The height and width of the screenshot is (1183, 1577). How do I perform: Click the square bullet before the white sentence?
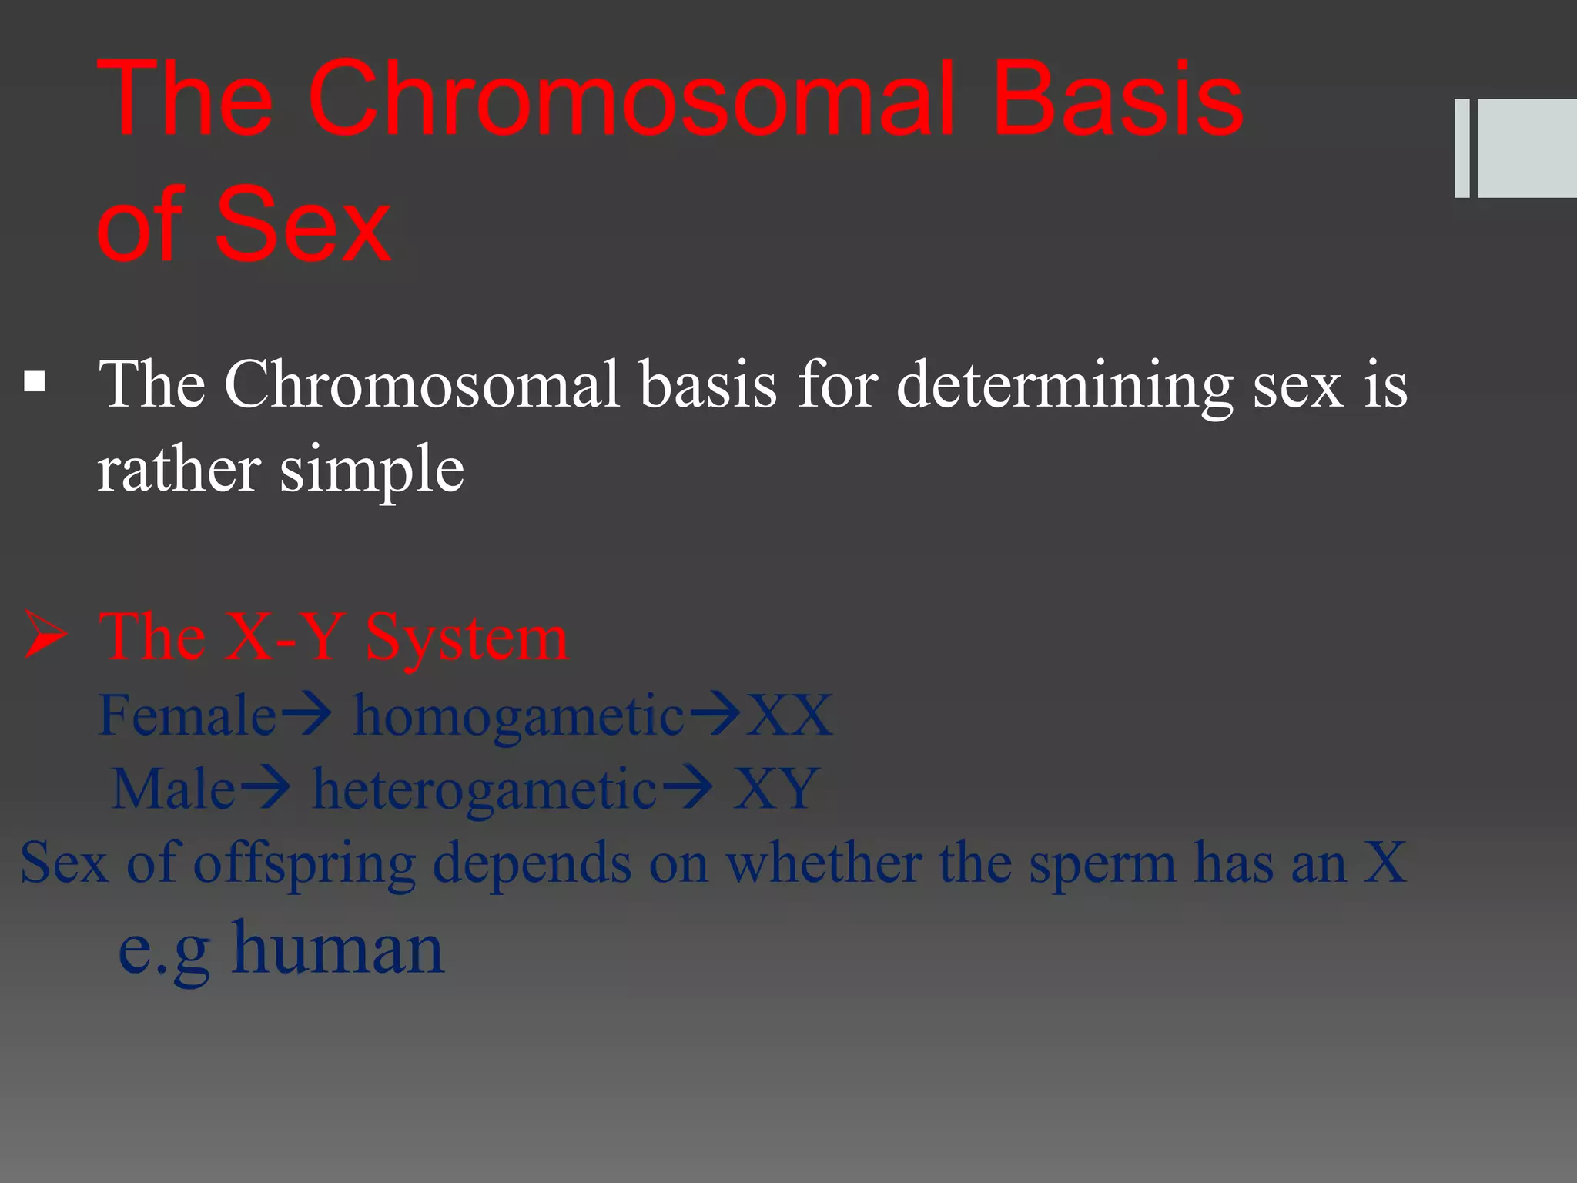click(x=35, y=382)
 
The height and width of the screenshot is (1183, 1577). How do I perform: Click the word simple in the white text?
click(x=372, y=470)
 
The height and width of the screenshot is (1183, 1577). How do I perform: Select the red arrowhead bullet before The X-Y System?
click(x=45, y=636)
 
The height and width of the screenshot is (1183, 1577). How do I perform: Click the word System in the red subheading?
click(x=467, y=638)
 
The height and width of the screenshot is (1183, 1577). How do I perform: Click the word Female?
click(x=187, y=715)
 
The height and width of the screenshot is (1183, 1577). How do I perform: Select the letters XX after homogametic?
click(x=790, y=715)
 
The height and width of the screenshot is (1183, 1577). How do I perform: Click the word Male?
click(x=173, y=789)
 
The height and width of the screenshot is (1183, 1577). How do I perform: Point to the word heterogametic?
click(x=484, y=790)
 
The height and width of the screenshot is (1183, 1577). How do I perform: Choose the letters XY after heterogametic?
click(x=775, y=789)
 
